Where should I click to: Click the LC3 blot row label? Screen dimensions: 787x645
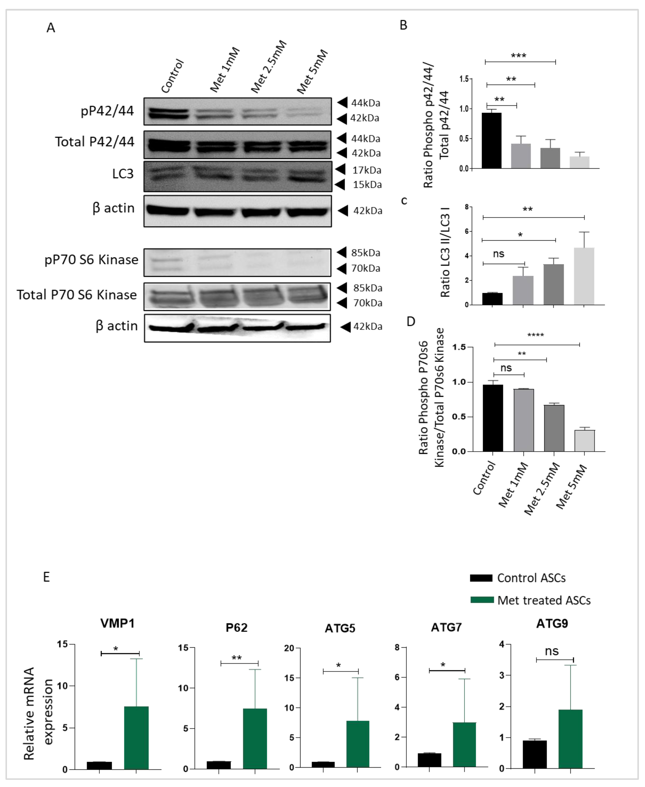pyautogui.click(x=123, y=174)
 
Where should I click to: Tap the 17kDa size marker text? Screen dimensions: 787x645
pyautogui.click(x=367, y=170)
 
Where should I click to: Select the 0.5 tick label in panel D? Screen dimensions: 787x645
pyautogui.click(x=459, y=417)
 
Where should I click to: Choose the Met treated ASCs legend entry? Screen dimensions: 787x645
pyautogui.click(x=544, y=600)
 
